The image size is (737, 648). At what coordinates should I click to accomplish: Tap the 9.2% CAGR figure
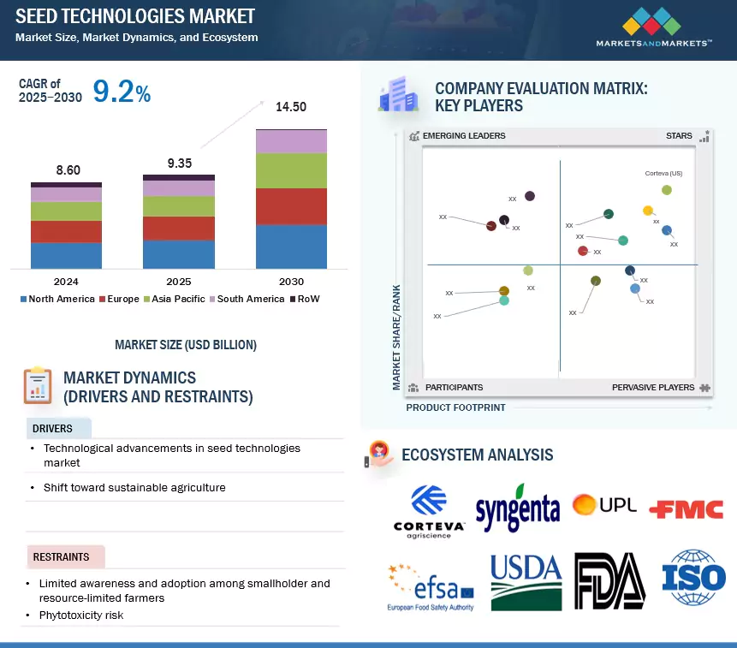click(122, 92)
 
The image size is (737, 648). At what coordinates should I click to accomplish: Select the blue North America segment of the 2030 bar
click(291, 247)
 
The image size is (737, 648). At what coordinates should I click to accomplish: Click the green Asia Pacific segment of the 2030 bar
click(291, 170)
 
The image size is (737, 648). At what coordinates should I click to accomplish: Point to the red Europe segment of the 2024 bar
click(66, 231)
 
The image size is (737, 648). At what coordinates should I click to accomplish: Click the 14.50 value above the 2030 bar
click(291, 107)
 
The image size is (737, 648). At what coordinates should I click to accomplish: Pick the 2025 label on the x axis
click(178, 282)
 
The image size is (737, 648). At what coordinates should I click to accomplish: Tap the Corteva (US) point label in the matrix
click(663, 173)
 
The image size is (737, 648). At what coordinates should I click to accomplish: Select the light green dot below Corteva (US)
click(667, 190)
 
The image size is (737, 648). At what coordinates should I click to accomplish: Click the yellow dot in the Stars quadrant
click(648, 211)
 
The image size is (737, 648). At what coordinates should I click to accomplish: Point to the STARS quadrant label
click(680, 136)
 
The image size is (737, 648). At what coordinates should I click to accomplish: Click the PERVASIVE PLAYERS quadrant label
click(653, 388)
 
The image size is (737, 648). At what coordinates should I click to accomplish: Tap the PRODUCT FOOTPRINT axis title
click(455, 407)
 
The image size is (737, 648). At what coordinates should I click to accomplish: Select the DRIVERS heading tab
click(53, 428)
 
